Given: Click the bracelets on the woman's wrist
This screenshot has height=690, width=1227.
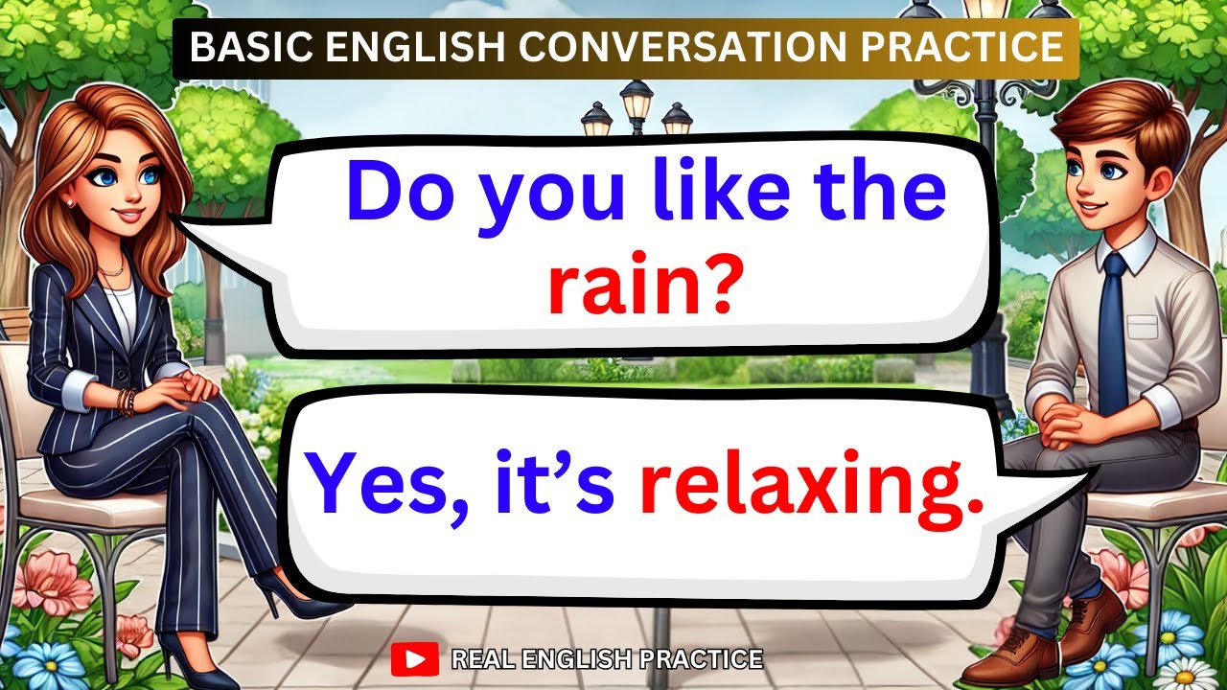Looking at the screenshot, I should pyautogui.click(x=127, y=401).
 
